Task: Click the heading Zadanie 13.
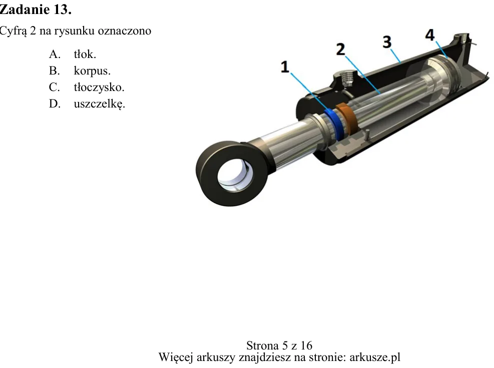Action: point(35,9)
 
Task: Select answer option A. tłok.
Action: point(73,54)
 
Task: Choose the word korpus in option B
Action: point(92,71)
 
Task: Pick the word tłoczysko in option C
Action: point(99,87)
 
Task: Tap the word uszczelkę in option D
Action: point(99,103)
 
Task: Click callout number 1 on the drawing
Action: point(285,66)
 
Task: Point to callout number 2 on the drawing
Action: point(340,49)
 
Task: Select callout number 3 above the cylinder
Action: point(387,41)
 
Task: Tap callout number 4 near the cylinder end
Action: point(430,34)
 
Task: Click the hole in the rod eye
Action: point(235,174)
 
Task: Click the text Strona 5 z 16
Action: point(279,345)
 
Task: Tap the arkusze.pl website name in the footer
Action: point(375,357)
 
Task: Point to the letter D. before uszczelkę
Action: point(55,103)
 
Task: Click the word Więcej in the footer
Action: point(176,357)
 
